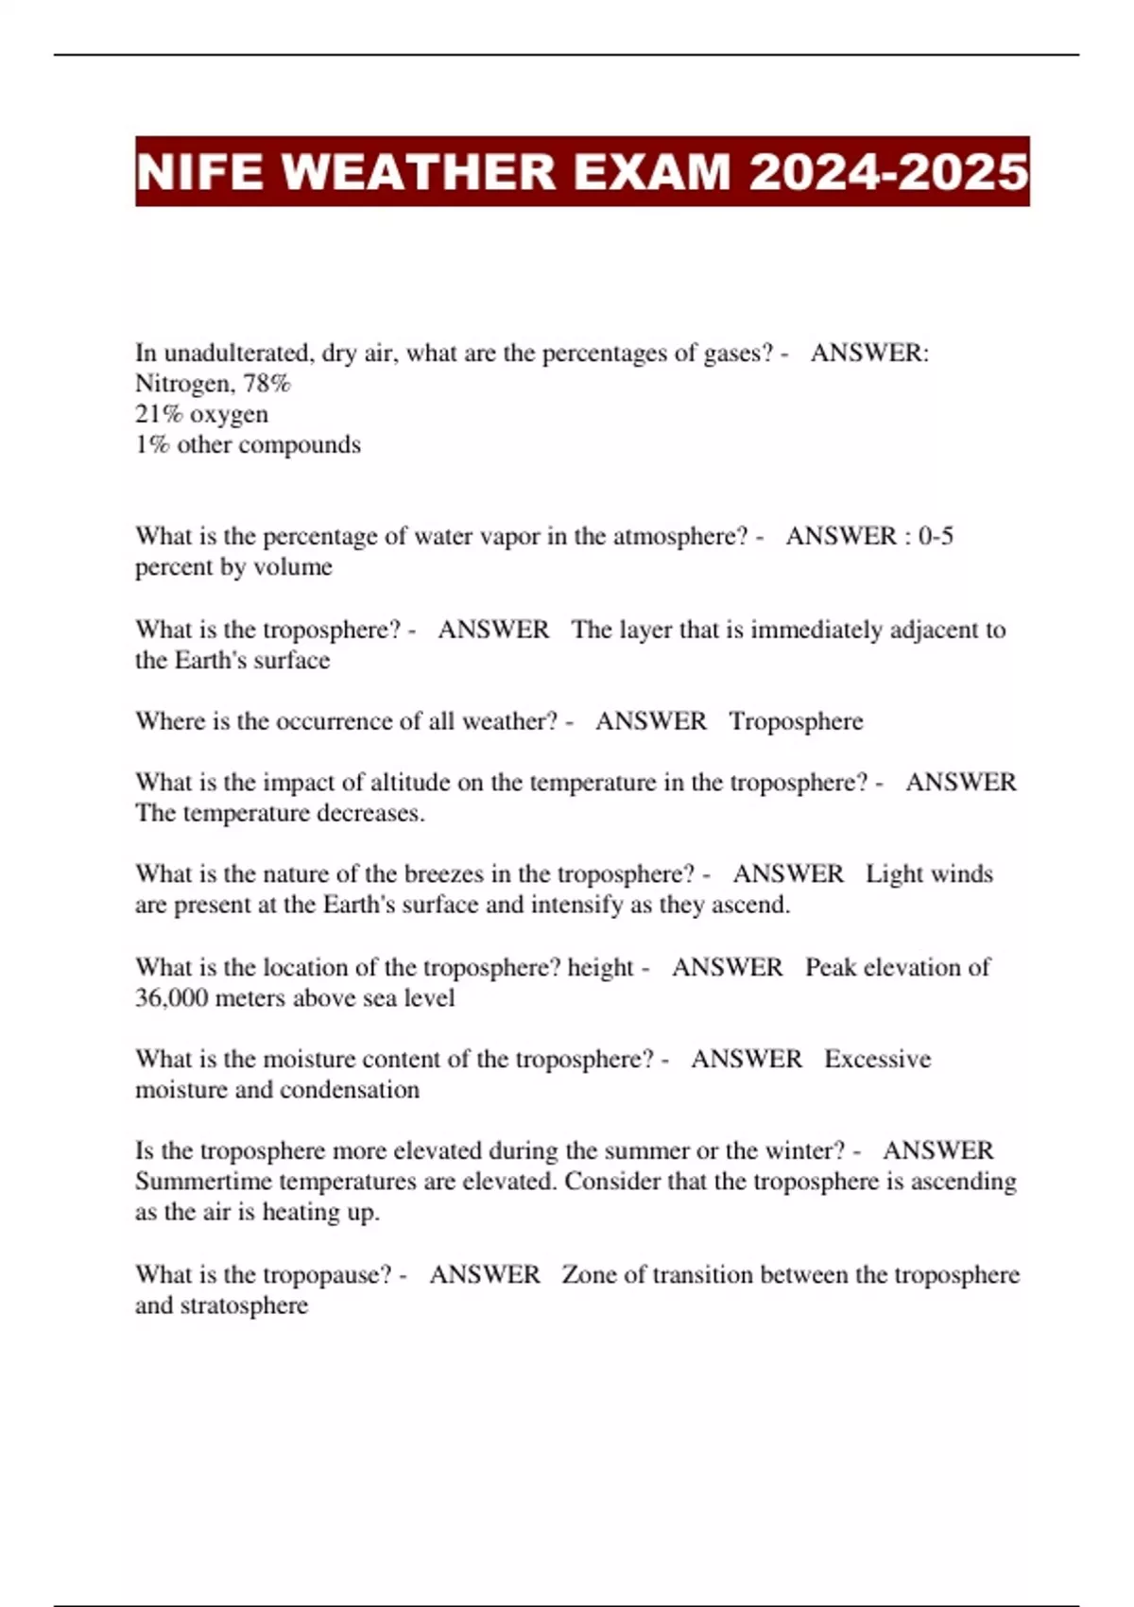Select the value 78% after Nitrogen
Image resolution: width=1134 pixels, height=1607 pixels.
point(267,384)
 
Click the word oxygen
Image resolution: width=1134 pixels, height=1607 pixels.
point(229,414)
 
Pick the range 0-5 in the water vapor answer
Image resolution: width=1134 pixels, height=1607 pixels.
point(936,536)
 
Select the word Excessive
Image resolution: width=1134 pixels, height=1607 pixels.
point(877,1059)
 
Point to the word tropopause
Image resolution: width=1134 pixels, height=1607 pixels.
point(326,1274)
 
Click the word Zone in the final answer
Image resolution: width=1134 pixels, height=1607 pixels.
point(589,1274)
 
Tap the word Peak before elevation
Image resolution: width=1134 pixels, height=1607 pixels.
point(831,967)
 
